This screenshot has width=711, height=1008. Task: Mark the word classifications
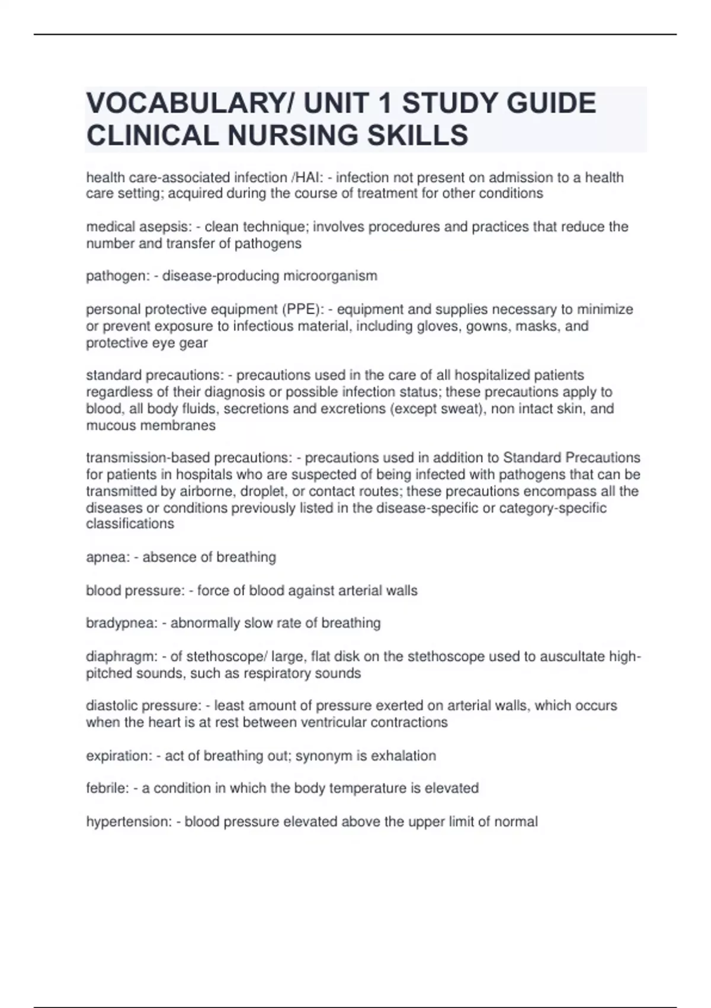130,524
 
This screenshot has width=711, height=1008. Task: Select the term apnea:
107,557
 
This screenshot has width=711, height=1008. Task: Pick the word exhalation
403,755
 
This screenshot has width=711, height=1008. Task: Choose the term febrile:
107,788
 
